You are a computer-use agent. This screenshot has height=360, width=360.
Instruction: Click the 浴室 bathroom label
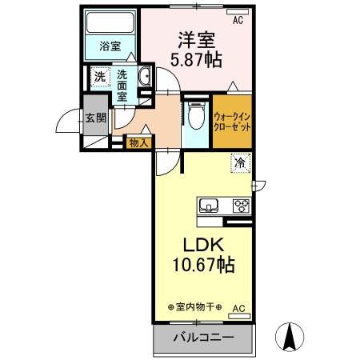pyautogui.click(x=110, y=47)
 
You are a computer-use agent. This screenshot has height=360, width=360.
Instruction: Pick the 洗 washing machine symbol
pyautogui.click(x=99, y=78)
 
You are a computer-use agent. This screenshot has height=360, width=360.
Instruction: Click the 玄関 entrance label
pyautogui.click(x=95, y=118)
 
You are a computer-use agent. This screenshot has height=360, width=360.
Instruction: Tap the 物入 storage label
pyautogui.click(x=138, y=143)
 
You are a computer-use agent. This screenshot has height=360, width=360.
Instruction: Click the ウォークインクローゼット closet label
pyautogui.click(x=232, y=122)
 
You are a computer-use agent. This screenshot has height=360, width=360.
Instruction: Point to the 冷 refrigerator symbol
pyautogui.click(x=239, y=162)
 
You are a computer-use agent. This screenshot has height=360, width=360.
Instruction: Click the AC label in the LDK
pyautogui.click(x=238, y=307)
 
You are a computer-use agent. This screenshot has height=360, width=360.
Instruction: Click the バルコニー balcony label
pyautogui.click(x=204, y=338)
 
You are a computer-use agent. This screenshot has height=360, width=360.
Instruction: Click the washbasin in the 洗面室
pyautogui.click(x=146, y=78)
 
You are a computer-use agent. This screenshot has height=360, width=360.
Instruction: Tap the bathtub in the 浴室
pyautogui.click(x=110, y=22)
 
